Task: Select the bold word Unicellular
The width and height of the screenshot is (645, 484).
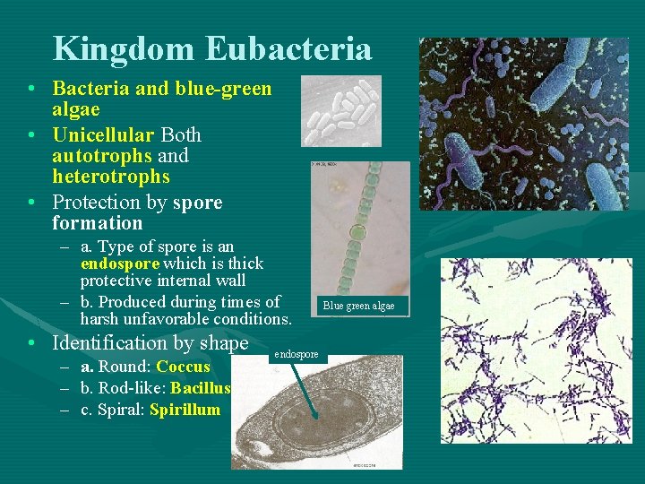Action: (103, 134)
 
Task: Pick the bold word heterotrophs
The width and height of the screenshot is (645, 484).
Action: (111, 177)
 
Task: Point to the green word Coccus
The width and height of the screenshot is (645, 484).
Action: (183, 367)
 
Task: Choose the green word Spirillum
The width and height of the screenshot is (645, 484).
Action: (185, 410)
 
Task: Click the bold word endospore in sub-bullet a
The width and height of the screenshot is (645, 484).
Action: (119, 264)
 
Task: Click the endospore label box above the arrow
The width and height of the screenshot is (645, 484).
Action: (296, 355)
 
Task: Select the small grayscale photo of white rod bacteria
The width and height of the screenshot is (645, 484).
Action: (341, 110)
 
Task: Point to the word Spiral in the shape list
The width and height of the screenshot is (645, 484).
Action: (122, 410)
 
